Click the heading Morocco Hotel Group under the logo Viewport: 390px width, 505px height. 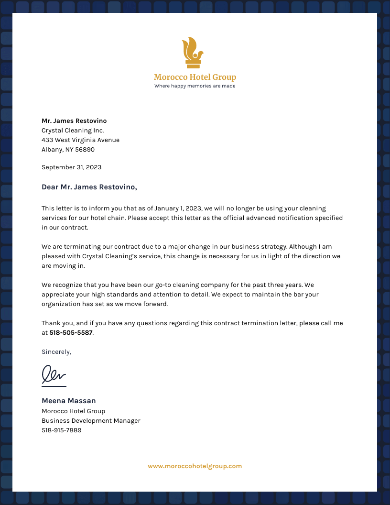pyautogui.click(x=195, y=77)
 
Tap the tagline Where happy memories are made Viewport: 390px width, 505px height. pyautogui.click(x=195, y=86)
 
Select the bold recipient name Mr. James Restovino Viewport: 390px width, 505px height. pyautogui.click(x=74, y=121)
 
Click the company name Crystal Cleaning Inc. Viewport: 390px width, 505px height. pyautogui.click(x=73, y=131)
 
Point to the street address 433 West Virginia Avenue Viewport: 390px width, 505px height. pyautogui.click(x=80, y=140)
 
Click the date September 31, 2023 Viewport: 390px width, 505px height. pyautogui.click(x=71, y=167)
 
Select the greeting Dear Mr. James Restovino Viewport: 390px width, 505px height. pyautogui.click(x=89, y=187)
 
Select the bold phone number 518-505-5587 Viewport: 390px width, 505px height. pyautogui.click(x=71, y=333)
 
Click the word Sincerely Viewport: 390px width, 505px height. pyautogui.click(x=56, y=352)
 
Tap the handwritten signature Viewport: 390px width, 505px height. pyautogui.click(x=54, y=374)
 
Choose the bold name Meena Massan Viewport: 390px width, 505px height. pyautogui.click(x=68, y=401)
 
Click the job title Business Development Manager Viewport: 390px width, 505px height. pyautogui.click(x=91, y=421)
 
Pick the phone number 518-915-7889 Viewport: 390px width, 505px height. pyautogui.click(x=61, y=430)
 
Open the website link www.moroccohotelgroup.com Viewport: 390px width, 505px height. pyautogui.click(x=195, y=466)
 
